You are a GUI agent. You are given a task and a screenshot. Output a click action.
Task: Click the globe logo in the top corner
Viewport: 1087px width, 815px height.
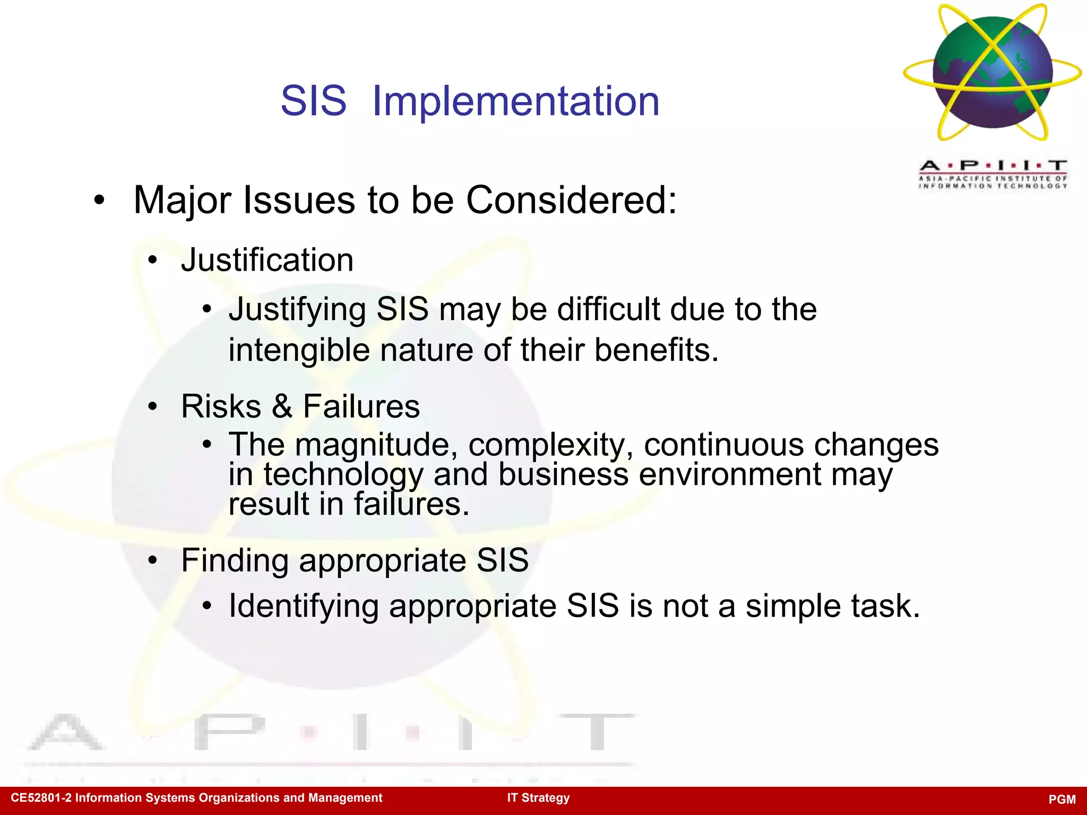click(992, 73)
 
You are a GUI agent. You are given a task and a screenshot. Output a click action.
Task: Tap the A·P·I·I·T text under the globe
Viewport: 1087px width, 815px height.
click(993, 166)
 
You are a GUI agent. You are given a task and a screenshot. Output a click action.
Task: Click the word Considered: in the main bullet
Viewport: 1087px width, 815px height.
click(571, 201)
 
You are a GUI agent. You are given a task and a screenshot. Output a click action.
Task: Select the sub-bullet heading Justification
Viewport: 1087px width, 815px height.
click(267, 260)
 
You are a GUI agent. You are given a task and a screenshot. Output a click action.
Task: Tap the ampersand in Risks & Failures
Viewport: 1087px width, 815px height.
click(282, 406)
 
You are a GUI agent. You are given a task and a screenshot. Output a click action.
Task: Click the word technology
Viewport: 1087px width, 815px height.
click(343, 474)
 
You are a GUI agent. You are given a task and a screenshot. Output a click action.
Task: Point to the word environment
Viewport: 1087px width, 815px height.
click(730, 474)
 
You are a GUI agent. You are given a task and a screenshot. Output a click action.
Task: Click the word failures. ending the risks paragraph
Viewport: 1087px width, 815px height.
click(411, 504)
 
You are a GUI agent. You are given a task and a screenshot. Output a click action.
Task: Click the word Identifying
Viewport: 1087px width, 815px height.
click(304, 606)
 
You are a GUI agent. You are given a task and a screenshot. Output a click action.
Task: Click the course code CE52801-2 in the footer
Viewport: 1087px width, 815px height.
click(41, 798)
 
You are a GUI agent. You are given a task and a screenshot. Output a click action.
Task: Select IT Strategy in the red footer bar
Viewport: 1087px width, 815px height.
click(538, 798)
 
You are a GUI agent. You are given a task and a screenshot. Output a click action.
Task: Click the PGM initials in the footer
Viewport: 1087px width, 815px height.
click(1062, 800)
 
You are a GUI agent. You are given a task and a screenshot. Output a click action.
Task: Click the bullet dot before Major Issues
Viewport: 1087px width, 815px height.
click(99, 201)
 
